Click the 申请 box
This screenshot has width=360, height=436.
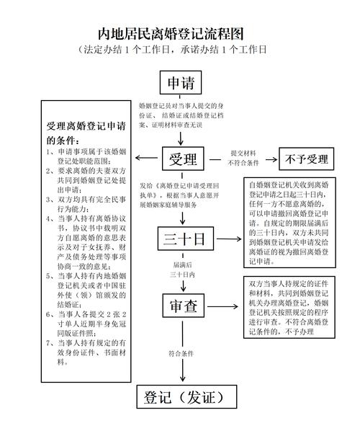pos(181,81)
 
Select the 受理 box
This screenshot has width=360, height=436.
pos(183,159)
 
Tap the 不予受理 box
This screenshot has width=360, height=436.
pos(306,159)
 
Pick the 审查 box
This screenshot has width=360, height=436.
pos(183,306)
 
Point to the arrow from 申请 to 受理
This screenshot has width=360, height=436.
pos(183,120)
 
